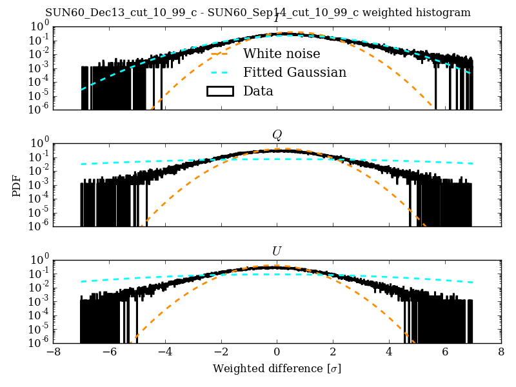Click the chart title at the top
click(x=258, y=13)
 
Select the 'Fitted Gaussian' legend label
click(x=295, y=72)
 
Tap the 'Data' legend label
click(x=258, y=91)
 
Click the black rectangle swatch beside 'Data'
click(x=219, y=91)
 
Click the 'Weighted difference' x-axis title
click(x=277, y=369)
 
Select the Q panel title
click(x=277, y=135)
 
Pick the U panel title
click(x=277, y=251)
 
